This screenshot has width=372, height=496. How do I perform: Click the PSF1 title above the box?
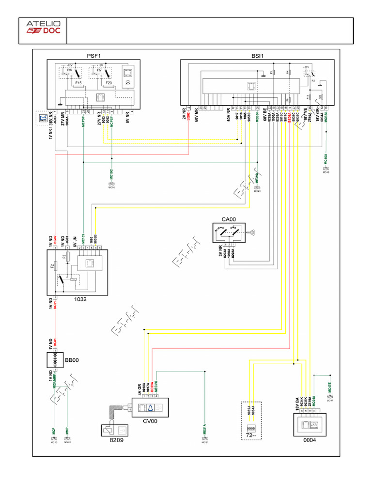pyautogui.click(x=93, y=56)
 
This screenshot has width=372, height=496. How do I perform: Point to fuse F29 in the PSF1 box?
pyautogui.click(x=108, y=83)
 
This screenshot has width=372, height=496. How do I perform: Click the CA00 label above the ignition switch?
pyautogui.click(x=229, y=219)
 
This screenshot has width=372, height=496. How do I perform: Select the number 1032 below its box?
pyautogui.click(x=80, y=299)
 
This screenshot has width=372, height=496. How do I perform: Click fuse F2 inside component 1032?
pyautogui.click(x=52, y=266)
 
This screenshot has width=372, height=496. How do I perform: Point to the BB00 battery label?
pyautogui.click(x=72, y=361)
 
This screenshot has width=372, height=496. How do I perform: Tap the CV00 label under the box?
pyautogui.click(x=150, y=421)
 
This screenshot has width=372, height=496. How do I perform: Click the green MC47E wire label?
pyautogui.click(x=329, y=387)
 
